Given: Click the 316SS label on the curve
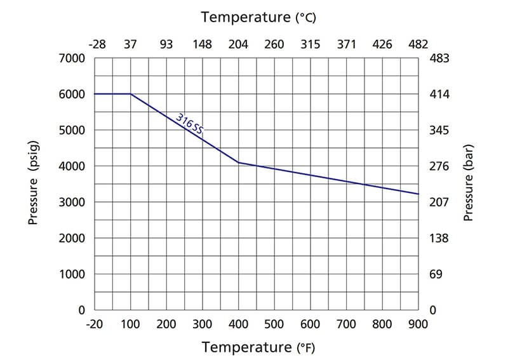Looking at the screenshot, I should (x=190, y=123).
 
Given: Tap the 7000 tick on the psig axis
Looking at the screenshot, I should (x=72, y=58).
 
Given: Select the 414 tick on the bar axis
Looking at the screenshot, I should (x=441, y=95).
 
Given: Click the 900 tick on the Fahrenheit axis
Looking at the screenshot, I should (x=418, y=324).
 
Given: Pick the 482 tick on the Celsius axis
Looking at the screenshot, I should (x=418, y=44).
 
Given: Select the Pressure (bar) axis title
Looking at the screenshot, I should (x=469, y=184).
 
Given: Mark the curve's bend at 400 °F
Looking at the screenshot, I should (x=239, y=163).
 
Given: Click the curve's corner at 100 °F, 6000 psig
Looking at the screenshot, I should (x=131, y=94).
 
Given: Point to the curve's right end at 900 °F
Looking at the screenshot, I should (x=418, y=194).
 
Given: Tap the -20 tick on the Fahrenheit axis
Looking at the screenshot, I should (x=95, y=324).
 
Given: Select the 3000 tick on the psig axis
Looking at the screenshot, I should (x=72, y=203).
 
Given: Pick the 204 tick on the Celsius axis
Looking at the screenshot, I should (x=239, y=44).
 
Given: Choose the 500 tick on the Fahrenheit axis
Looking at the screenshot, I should (x=274, y=324).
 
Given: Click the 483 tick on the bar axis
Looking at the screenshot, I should (x=441, y=58).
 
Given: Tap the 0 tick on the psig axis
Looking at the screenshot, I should (x=81, y=310).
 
